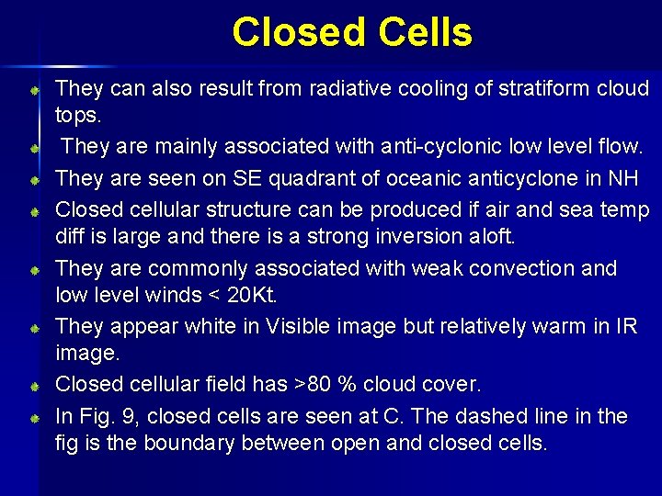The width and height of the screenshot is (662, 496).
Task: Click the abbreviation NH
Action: (x=625, y=177)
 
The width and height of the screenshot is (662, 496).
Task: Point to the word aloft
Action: (x=493, y=236)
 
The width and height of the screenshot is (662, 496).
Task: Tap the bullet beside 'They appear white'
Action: (x=32, y=328)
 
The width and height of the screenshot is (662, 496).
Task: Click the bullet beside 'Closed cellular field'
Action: (x=32, y=385)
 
